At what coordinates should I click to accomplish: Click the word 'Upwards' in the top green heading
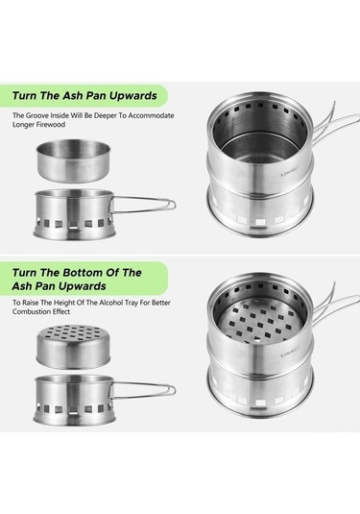[133, 96]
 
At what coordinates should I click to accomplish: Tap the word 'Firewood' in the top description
[52, 125]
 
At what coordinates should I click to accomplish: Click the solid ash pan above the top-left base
[73, 160]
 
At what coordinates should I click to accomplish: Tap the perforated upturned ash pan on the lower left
[73, 347]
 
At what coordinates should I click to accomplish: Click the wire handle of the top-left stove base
[143, 205]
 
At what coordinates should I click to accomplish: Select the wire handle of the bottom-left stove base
[143, 390]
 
